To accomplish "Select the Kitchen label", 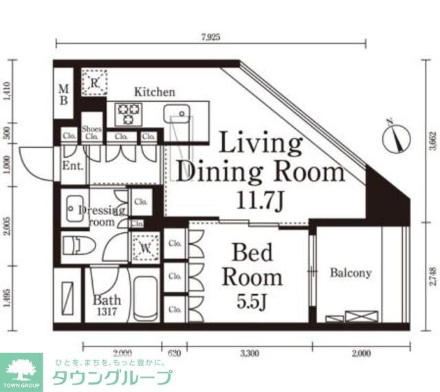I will (x=154, y=92).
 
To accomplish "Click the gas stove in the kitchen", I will (x=127, y=113).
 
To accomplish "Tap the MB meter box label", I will (x=63, y=94).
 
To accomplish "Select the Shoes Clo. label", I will (x=91, y=133).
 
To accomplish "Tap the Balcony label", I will (x=350, y=273).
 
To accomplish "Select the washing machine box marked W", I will (x=146, y=248).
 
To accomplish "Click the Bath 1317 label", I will (x=107, y=305).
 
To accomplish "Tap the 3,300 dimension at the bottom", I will (x=249, y=354).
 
